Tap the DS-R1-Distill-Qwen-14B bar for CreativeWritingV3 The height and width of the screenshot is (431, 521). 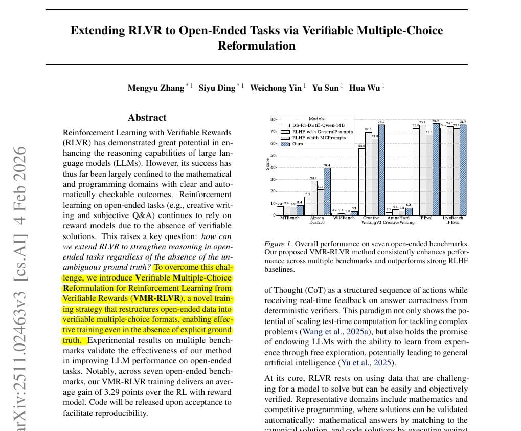pos(361,182)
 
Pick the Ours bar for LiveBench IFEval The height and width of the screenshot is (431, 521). pos(463,170)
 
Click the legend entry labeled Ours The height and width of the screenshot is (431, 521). pos(297,144)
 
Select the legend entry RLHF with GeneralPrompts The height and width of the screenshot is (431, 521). pos(322,132)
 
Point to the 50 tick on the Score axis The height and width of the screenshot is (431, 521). pos(273,156)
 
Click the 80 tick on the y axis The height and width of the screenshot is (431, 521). pos(273,120)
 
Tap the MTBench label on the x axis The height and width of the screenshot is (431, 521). pos(290,218)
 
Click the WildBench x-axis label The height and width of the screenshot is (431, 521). pos(344,218)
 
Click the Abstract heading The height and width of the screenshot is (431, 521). pos(147,118)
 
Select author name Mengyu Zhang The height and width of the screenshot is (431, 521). pos(156,88)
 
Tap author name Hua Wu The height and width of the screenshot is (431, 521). pos(365,88)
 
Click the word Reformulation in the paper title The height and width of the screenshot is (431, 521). pos(257,46)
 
